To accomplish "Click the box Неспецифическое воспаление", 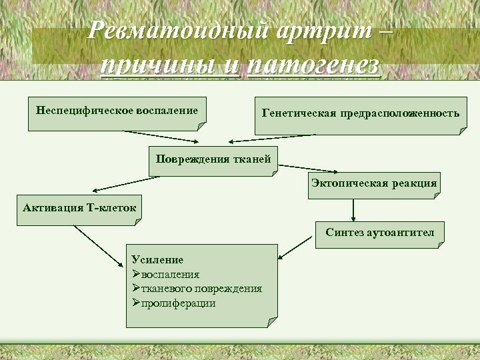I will (x=117, y=109).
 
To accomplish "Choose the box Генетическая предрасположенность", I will (x=361, y=114).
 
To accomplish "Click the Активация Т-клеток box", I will (x=79, y=208).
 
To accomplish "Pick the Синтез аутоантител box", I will (x=379, y=233).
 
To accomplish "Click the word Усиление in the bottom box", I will (x=157, y=259).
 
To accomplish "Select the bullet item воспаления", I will (x=169, y=274).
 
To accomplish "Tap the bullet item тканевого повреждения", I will (x=201, y=289).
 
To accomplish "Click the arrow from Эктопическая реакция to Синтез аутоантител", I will (x=353, y=209).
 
